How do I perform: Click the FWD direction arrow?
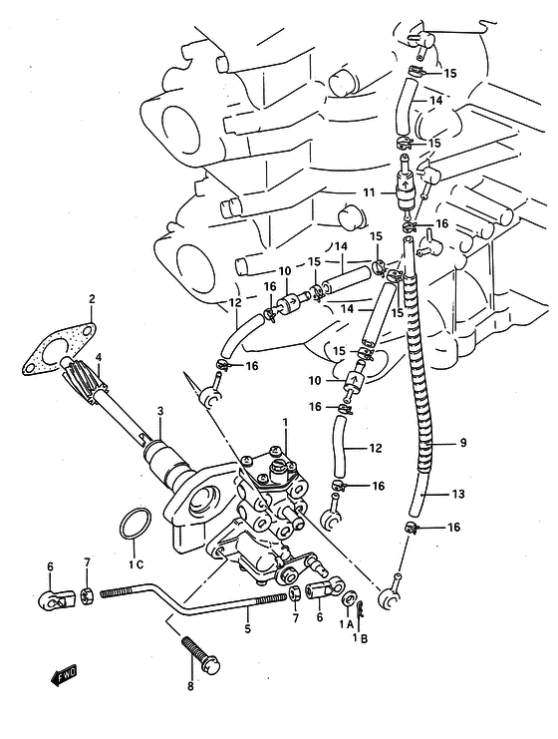(x=64, y=676)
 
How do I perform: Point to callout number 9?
(x=463, y=443)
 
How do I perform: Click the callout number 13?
(x=457, y=494)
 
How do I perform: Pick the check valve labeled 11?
(x=406, y=187)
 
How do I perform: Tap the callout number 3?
(x=160, y=411)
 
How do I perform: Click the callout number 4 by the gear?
(x=99, y=356)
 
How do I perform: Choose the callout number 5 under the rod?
(x=248, y=628)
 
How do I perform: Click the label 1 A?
(x=346, y=624)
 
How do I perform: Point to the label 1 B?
(x=361, y=638)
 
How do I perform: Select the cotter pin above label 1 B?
(x=361, y=609)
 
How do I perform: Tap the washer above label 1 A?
(x=349, y=599)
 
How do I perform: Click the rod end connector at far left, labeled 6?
(x=56, y=597)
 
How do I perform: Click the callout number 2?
(x=92, y=298)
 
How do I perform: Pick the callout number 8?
(x=190, y=686)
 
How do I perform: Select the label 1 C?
(x=137, y=563)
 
